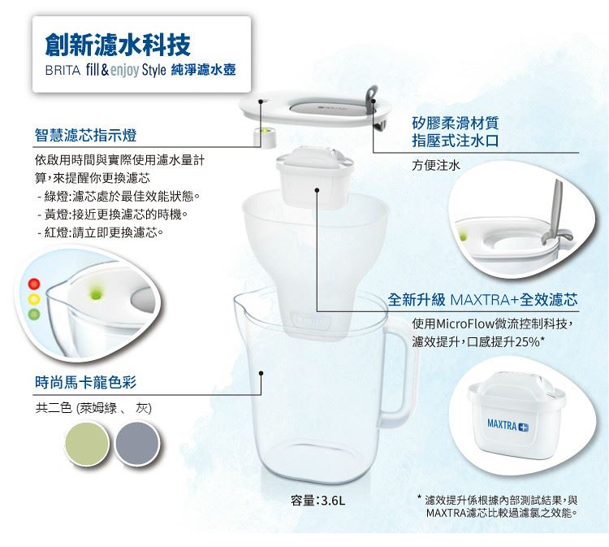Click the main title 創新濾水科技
point(118,45)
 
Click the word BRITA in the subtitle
point(63,71)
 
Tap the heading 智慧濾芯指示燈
point(86,135)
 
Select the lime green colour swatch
point(87,443)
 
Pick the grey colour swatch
point(137,443)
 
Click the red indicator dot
point(34,284)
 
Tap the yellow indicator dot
point(34,299)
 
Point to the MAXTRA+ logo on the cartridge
point(508,425)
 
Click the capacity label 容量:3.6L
point(317,500)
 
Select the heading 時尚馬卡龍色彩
point(85,383)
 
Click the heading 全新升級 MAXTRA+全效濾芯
point(482,300)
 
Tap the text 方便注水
point(436,165)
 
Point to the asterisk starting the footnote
point(419,497)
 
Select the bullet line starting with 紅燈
point(100,232)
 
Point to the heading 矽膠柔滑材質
point(456,124)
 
